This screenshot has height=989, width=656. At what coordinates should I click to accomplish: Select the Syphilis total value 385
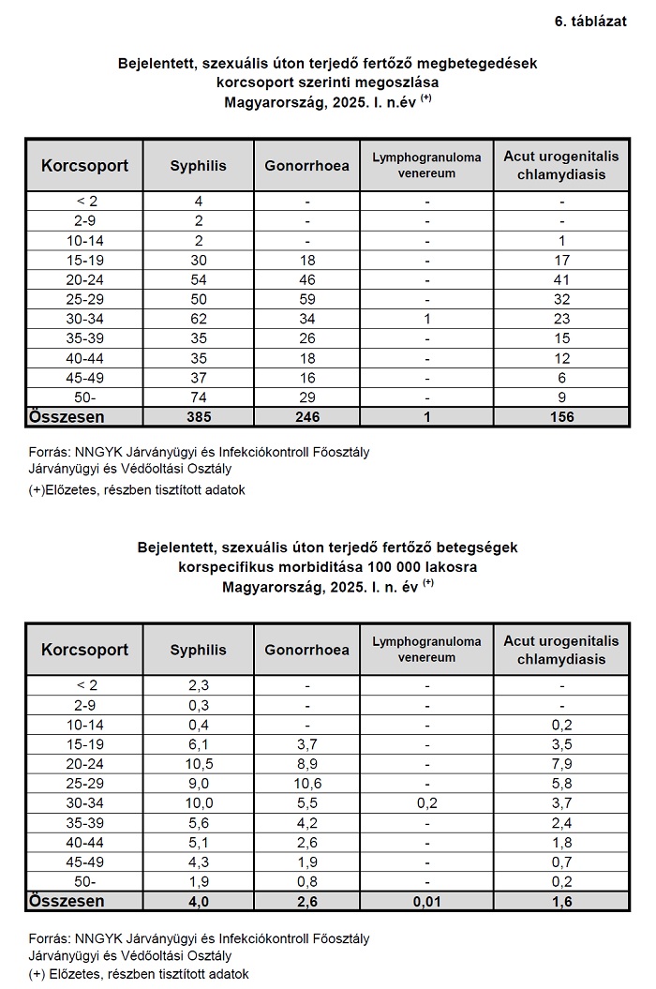click(199, 416)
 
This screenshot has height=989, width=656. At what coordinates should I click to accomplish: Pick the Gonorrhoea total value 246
click(306, 416)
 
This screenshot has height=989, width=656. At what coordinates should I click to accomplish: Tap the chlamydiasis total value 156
click(561, 416)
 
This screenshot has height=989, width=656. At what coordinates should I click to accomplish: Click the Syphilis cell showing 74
click(199, 398)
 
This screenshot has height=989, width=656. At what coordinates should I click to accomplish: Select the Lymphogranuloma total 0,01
click(426, 901)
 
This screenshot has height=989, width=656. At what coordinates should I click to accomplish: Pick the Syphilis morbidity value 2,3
click(199, 685)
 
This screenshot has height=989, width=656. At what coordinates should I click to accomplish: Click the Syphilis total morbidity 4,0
click(199, 901)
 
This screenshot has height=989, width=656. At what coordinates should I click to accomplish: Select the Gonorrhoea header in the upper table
click(306, 166)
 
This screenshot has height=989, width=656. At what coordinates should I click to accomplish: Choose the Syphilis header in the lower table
click(199, 650)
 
